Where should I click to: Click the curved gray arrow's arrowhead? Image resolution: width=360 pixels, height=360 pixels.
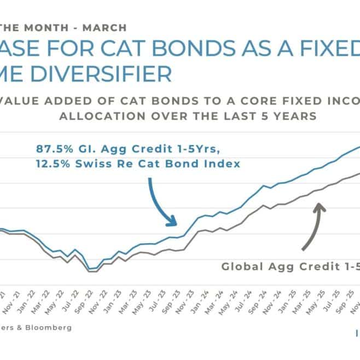320,206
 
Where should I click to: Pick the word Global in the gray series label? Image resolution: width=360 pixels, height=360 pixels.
241,267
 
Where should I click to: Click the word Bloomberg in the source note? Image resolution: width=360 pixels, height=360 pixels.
49,328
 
